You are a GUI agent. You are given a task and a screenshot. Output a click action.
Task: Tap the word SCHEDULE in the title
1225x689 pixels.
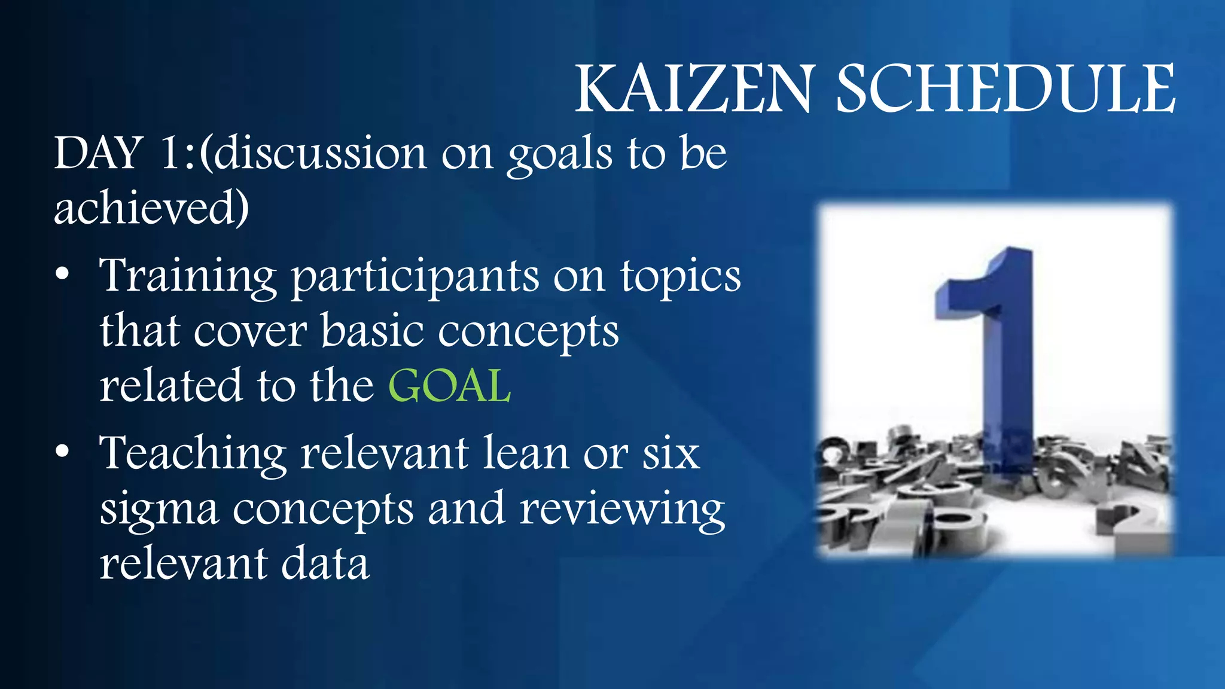coord(1005,90)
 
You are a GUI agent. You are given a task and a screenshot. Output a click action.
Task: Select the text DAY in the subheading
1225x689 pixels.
coord(98,153)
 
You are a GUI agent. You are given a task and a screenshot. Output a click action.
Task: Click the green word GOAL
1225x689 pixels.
coord(450,386)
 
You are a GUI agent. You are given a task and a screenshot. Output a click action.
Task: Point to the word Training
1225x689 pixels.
coord(188,276)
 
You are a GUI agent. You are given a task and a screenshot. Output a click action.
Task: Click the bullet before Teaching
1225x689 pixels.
coord(62,453)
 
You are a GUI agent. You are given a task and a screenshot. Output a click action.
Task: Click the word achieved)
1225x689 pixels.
coord(151,208)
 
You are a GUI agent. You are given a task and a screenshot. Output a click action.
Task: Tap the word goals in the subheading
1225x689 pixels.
coord(560,154)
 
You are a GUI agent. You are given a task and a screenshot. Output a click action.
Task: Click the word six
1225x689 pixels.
coord(671,453)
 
